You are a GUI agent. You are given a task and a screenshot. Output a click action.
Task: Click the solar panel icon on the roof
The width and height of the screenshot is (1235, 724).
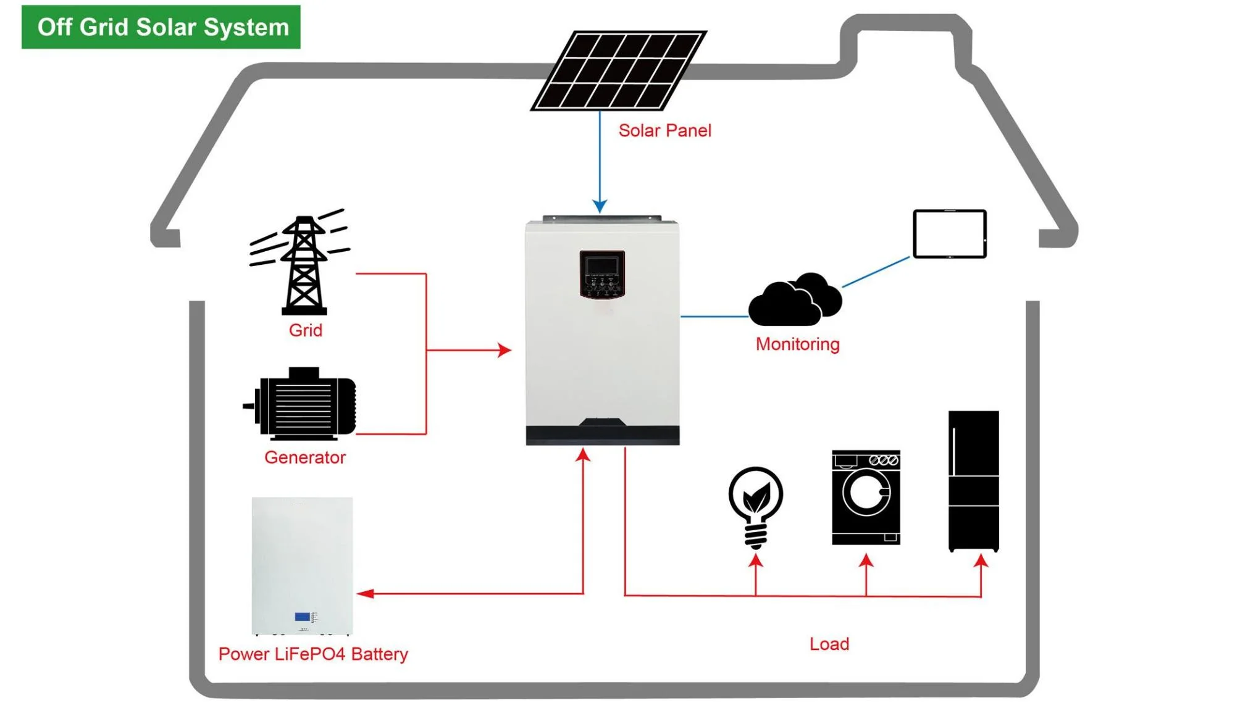click(619, 70)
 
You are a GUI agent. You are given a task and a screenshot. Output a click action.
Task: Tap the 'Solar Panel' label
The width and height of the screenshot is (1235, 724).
click(664, 131)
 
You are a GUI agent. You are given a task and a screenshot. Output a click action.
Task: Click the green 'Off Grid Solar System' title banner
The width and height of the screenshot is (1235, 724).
click(161, 27)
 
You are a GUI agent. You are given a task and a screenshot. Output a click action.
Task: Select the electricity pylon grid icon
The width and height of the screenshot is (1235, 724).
click(302, 264)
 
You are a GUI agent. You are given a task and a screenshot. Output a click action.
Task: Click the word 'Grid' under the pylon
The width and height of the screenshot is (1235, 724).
click(306, 330)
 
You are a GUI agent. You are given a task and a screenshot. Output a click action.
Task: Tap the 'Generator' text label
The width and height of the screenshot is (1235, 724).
click(305, 457)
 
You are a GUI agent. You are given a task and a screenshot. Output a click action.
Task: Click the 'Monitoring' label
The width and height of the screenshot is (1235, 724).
click(797, 344)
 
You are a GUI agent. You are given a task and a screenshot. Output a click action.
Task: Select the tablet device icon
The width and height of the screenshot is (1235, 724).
click(950, 234)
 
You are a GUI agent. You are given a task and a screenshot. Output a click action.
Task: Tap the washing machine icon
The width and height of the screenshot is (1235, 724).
click(866, 497)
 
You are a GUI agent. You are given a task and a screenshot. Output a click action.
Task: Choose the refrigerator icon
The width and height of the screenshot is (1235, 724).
click(974, 481)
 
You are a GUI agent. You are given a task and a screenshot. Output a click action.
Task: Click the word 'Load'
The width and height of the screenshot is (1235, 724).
click(829, 644)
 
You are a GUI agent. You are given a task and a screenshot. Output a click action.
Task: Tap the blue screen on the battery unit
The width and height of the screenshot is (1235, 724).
click(303, 616)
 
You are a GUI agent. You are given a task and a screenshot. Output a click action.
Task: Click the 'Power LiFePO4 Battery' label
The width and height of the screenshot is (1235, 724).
click(313, 654)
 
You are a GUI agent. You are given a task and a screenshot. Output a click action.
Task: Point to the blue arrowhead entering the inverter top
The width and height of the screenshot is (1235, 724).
click(600, 206)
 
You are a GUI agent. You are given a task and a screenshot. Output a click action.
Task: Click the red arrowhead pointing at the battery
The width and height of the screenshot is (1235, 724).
click(366, 594)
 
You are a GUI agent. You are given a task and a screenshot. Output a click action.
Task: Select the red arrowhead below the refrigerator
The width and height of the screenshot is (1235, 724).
click(981, 561)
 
